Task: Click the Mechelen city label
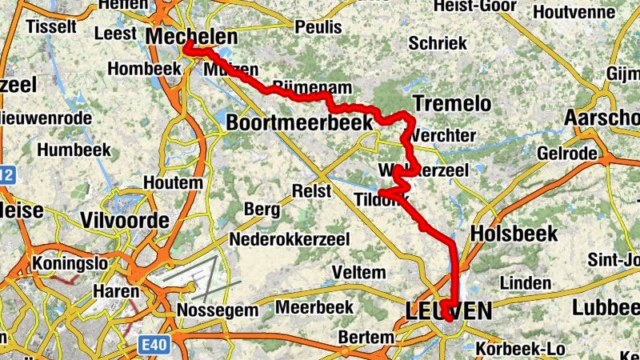[x=192, y=37]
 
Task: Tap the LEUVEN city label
[x=448, y=310]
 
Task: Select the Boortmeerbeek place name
[x=299, y=122]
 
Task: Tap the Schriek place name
[x=437, y=43]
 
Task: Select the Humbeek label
[x=74, y=150]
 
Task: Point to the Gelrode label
[x=567, y=153]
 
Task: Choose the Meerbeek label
[x=314, y=307]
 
